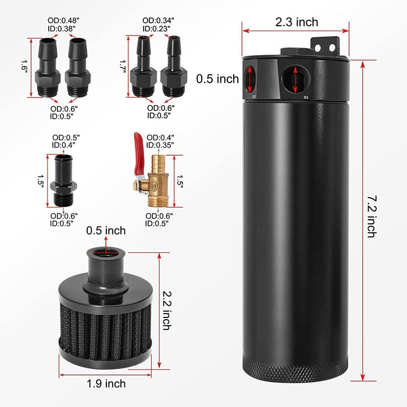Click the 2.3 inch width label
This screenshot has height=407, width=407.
point(297,22)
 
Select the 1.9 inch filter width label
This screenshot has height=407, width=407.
point(105,383)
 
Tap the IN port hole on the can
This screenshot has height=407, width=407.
point(295,79)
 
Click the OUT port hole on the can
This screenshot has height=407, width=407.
point(249,78)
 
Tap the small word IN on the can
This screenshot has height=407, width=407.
point(306,98)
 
